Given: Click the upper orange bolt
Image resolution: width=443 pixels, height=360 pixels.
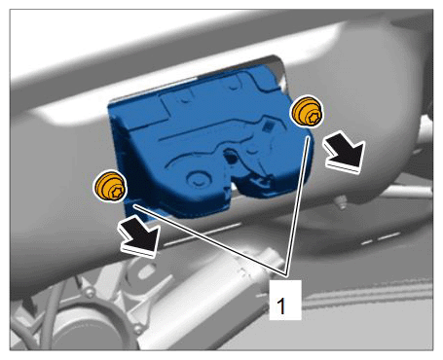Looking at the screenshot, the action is point(307,112).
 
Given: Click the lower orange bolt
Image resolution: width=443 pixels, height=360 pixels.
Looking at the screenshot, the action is point(110,186).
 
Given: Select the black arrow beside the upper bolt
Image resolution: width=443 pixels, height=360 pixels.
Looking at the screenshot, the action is point(345,152).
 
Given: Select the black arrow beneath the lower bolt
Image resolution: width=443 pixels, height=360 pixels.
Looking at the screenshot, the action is point(139,236).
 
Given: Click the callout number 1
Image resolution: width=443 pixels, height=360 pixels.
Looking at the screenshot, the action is point(281,306).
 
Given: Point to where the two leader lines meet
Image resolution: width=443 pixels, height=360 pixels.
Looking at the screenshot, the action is point(285,274).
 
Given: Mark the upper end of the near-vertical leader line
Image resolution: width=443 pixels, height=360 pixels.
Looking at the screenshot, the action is point(308,137).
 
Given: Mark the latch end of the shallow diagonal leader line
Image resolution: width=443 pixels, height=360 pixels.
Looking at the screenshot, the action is point(134,205).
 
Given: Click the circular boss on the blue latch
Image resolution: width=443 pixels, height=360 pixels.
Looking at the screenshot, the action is point(197,179).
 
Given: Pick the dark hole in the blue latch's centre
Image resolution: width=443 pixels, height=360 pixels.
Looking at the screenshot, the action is point(231,157).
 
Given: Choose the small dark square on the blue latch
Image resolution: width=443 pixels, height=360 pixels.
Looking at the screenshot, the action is point(268,126).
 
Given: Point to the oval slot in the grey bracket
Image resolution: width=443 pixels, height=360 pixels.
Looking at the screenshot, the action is point(145,271).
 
